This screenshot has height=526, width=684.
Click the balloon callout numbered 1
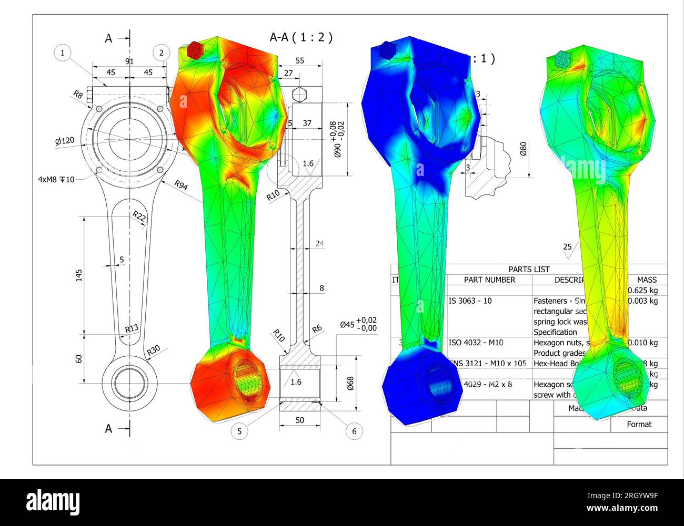click(x=63, y=53)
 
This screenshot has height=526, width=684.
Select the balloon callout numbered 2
click(x=162, y=53)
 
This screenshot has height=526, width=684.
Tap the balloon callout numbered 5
click(x=239, y=431)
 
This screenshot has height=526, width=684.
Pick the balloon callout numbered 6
click(x=354, y=431)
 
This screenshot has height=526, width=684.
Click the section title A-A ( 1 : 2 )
click(x=301, y=37)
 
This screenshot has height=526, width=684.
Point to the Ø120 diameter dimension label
click(x=65, y=141)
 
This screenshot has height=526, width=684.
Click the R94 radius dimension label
click(x=180, y=185)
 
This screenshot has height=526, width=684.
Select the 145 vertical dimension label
click(x=79, y=274)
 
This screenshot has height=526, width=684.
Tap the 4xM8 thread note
click(x=56, y=180)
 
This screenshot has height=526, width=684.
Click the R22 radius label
click(x=139, y=216)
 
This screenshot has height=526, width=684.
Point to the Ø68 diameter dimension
click(x=350, y=383)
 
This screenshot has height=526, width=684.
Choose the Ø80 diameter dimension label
click(x=523, y=149)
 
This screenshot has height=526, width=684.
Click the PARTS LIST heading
click(x=529, y=270)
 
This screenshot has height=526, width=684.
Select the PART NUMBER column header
click(x=489, y=280)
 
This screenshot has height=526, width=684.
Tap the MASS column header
click(x=647, y=280)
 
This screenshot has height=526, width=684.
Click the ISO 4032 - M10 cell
click(x=476, y=343)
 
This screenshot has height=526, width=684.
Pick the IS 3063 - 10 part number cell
click(x=470, y=301)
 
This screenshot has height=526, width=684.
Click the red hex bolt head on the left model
click(x=195, y=49)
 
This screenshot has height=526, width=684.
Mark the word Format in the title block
click(x=639, y=424)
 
